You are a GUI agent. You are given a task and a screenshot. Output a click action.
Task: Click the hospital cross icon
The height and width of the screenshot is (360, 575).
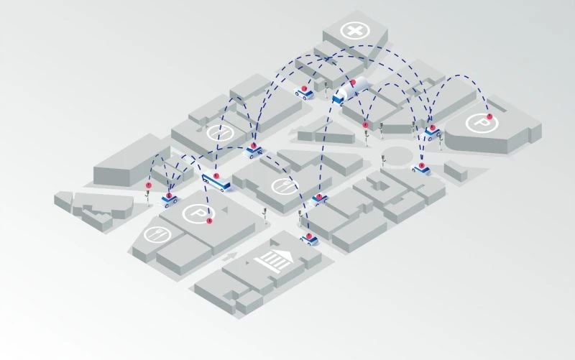click(x=354, y=31)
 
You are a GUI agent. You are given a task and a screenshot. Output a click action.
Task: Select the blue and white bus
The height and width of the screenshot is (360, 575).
click(x=216, y=183)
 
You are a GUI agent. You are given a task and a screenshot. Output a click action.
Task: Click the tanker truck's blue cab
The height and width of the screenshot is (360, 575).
click(x=338, y=99)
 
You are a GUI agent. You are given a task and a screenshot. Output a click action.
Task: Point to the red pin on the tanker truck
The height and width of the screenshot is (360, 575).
click(x=353, y=82)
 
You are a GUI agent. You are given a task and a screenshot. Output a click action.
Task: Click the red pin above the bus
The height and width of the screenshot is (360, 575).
click(x=216, y=176)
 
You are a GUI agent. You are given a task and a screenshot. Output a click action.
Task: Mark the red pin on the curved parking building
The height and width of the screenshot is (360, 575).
click(x=489, y=116)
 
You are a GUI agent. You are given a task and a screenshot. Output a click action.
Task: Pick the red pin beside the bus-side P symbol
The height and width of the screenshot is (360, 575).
click(x=209, y=221)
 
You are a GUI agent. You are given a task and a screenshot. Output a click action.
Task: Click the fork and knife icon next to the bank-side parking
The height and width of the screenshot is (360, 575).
click(x=157, y=234)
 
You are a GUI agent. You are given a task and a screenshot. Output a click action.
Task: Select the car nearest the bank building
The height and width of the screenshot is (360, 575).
click(x=309, y=239)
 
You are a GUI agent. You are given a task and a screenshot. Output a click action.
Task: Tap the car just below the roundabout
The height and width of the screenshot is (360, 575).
click(x=420, y=169)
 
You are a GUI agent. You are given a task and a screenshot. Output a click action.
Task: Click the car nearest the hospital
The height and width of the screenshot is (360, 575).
click(x=304, y=93)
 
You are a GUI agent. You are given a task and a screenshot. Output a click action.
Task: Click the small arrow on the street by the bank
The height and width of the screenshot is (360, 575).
click(x=230, y=257)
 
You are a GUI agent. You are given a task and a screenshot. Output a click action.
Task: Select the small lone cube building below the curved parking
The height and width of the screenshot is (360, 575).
click(x=456, y=171)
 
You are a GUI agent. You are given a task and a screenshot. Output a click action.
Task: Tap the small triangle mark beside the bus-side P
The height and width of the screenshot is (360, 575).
click(x=224, y=209)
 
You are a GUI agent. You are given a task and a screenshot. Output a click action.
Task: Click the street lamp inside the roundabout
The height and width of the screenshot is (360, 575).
click(x=384, y=160)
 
